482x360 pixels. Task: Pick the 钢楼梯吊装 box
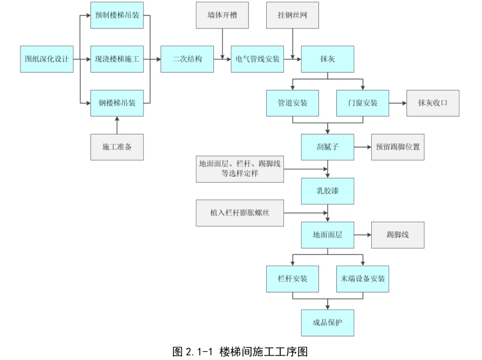[x=117, y=102]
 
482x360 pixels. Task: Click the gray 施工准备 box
[x=117, y=147]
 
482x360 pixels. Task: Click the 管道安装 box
[x=292, y=103]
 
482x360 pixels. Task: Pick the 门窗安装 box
[x=362, y=103]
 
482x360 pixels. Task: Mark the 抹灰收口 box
[x=433, y=103]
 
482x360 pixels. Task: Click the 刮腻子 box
[x=327, y=146]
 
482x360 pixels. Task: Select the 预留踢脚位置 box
[x=398, y=146]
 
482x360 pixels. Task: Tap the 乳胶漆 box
[x=327, y=190]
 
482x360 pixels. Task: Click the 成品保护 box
[x=327, y=322]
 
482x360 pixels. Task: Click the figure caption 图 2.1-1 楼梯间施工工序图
[x=241, y=351]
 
